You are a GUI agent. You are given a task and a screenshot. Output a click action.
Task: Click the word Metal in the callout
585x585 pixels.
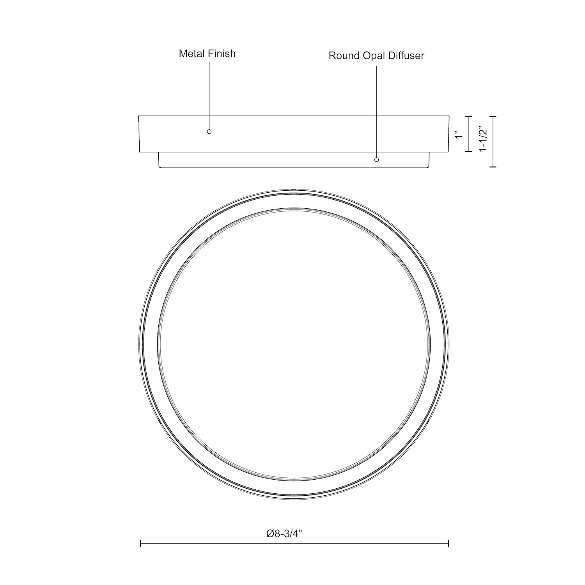[191, 53]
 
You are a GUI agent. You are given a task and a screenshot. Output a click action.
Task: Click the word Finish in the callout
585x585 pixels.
[222, 53]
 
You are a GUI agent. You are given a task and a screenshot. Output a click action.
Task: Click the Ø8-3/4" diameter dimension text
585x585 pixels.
[285, 534]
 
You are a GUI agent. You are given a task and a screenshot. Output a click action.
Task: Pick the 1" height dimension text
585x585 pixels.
[459, 135]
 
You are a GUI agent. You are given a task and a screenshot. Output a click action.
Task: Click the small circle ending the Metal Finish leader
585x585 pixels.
[209, 132]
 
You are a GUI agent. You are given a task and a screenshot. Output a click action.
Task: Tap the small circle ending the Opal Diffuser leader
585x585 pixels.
[376, 160]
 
